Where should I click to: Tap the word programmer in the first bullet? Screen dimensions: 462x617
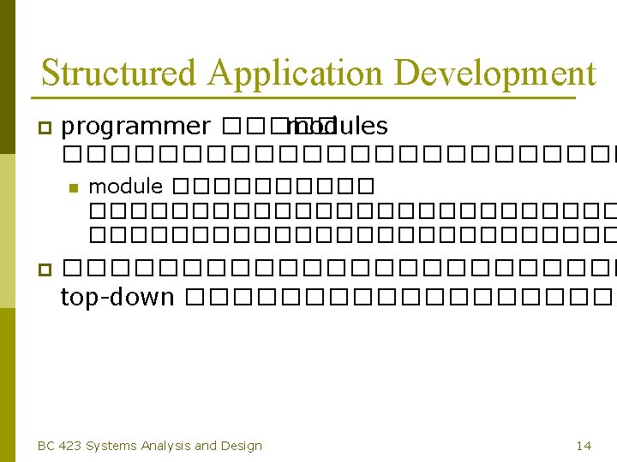[x=136, y=127]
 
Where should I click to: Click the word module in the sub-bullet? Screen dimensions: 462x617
[x=126, y=186]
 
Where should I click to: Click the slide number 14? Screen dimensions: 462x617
[x=584, y=445]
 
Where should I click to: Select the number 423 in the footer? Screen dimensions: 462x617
[x=70, y=445]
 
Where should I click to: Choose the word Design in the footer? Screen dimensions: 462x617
[x=242, y=445]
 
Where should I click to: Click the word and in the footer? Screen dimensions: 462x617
[x=206, y=445]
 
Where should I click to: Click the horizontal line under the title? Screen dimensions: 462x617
[x=308, y=99]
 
